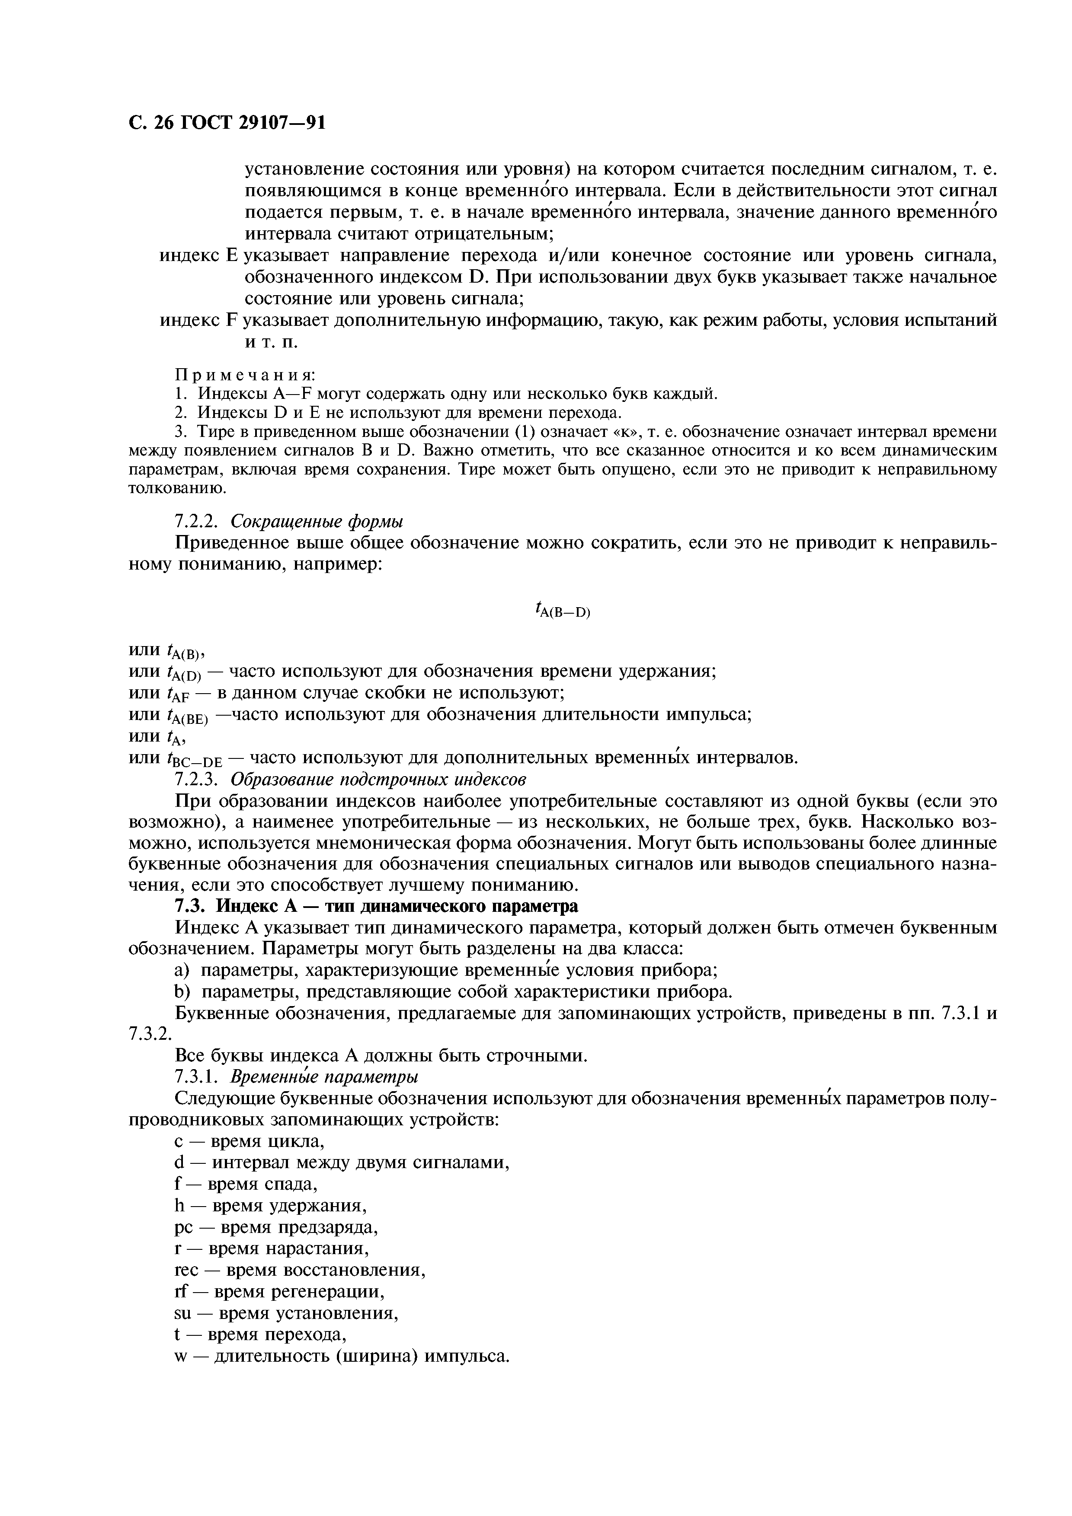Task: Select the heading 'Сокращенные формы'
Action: [x=317, y=522]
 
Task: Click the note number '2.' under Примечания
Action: [x=182, y=413]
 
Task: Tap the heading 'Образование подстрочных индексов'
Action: [x=378, y=779]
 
